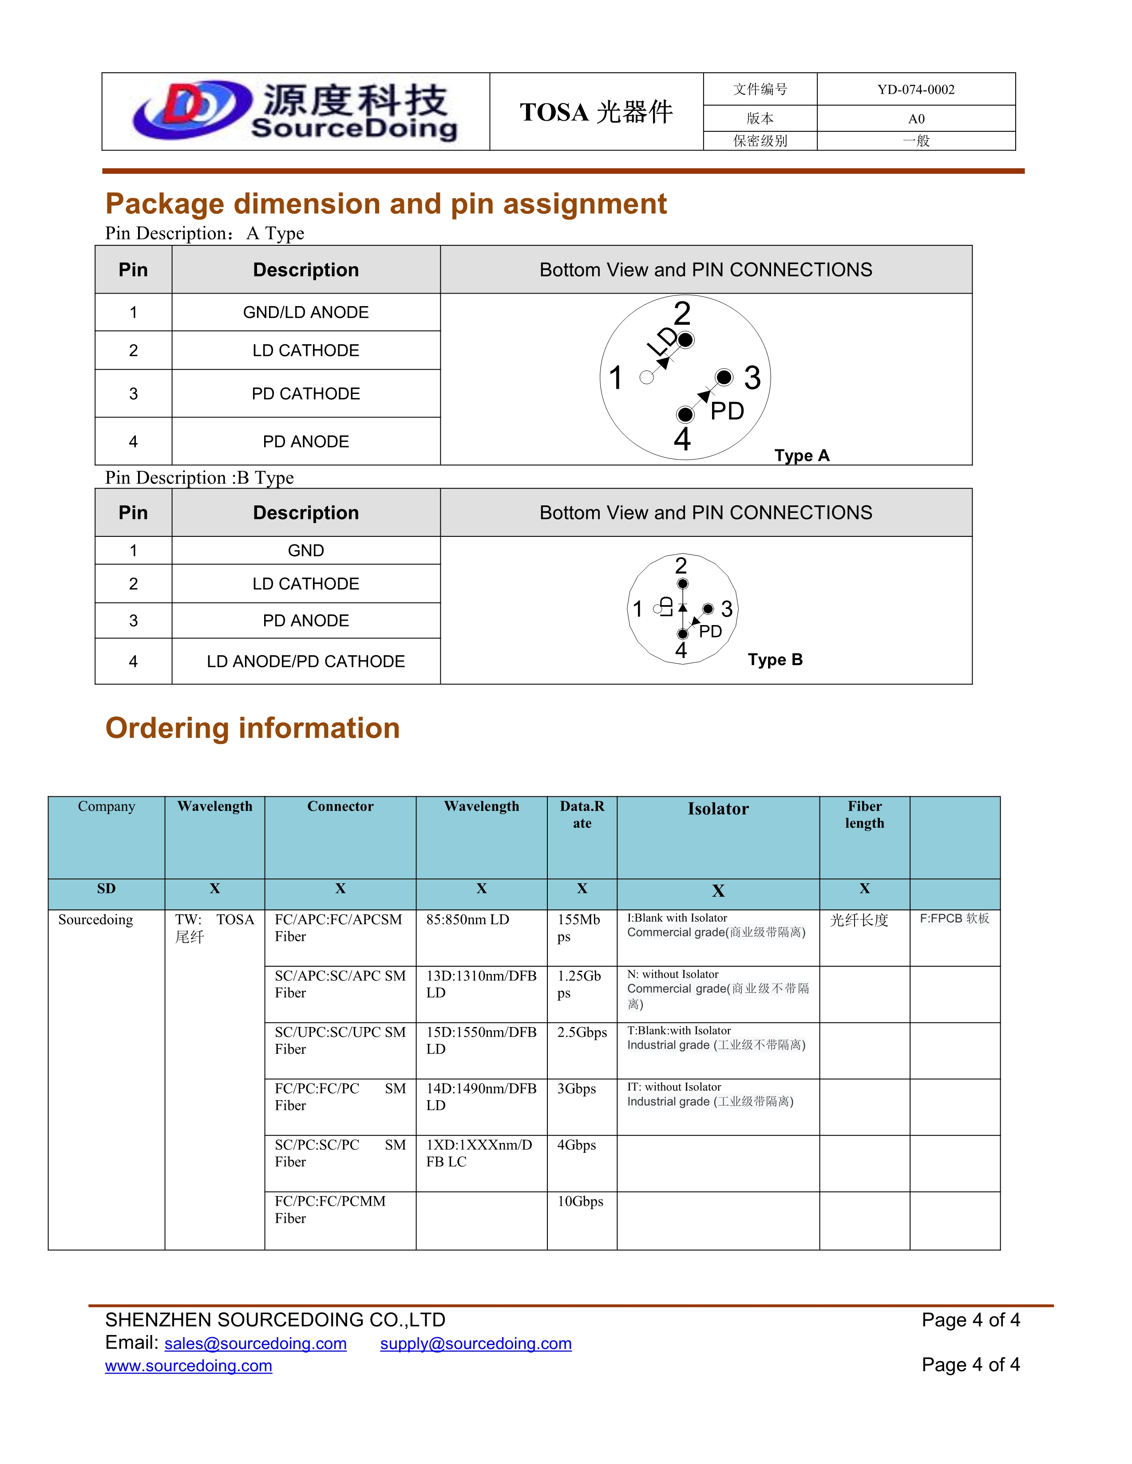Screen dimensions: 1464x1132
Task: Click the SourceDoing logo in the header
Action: click(295, 111)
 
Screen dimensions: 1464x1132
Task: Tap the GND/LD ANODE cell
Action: click(306, 312)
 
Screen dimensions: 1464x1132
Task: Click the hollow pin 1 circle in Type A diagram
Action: click(646, 378)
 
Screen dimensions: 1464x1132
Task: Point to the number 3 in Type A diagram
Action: click(752, 378)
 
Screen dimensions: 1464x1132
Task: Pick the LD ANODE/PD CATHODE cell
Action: click(306, 661)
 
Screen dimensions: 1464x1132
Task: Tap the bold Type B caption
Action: click(775, 660)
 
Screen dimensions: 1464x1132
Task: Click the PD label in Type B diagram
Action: click(710, 631)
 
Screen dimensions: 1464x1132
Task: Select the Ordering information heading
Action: click(253, 728)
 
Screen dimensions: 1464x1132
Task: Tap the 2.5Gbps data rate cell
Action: click(582, 1032)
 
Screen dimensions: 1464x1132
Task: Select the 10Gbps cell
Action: click(580, 1201)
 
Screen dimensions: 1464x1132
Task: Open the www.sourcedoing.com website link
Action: click(188, 1366)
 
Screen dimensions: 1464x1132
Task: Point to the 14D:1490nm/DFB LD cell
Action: click(481, 1097)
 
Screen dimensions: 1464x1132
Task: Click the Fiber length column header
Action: click(864, 815)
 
